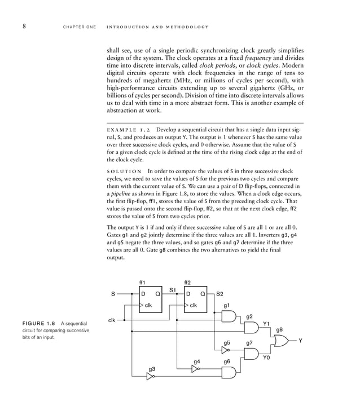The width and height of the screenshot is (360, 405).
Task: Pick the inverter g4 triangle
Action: (x=195, y=369)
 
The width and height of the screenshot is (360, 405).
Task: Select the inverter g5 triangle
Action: (x=225, y=350)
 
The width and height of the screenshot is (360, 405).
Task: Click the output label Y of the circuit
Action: (x=301, y=341)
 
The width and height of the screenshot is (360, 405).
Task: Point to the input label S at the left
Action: (x=112, y=293)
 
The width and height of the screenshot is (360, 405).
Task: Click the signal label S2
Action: (x=220, y=294)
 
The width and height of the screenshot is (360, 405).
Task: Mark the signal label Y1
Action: (x=266, y=324)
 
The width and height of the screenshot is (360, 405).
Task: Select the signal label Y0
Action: (x=266, y=358)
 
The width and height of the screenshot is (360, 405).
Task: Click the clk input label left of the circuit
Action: (x=112, y=320)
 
